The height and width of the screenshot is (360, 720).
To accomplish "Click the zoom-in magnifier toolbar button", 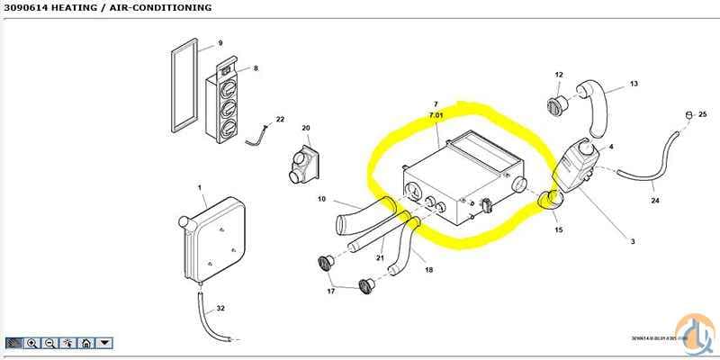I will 32,343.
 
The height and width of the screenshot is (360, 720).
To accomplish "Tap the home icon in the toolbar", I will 85,343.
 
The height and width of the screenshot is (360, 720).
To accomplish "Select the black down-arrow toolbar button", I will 104,343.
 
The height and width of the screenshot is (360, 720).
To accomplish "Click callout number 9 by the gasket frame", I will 220,43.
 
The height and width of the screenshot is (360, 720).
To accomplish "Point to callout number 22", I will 280,120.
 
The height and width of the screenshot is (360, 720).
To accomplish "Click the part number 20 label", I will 305,129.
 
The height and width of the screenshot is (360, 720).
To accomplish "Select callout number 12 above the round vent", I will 558,75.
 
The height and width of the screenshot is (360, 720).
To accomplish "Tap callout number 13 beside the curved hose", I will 634,84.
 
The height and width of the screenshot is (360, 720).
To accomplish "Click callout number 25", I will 703,113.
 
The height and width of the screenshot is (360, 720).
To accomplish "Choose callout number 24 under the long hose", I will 654,201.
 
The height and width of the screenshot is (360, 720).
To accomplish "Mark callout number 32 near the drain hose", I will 220,309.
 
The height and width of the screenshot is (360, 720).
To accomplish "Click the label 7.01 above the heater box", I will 436,117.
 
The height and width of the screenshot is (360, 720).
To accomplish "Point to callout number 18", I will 428,269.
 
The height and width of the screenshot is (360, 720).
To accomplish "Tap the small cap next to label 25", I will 688,114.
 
